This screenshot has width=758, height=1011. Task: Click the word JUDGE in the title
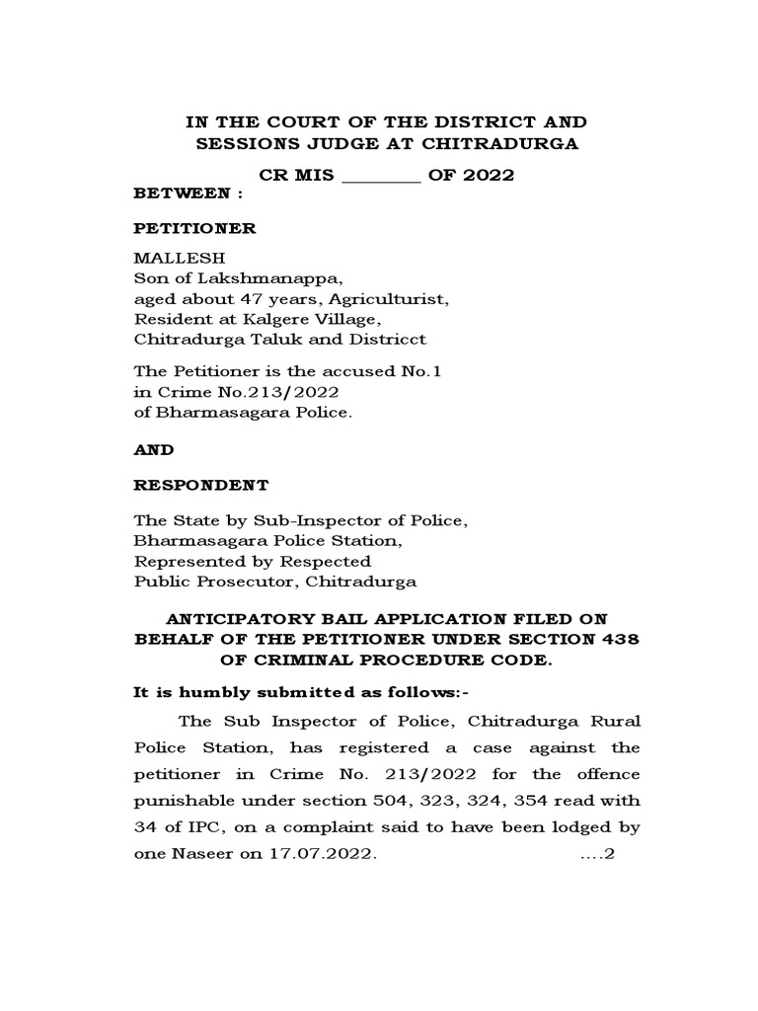(326, 144)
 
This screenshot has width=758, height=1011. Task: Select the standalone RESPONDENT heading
(200, 486)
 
